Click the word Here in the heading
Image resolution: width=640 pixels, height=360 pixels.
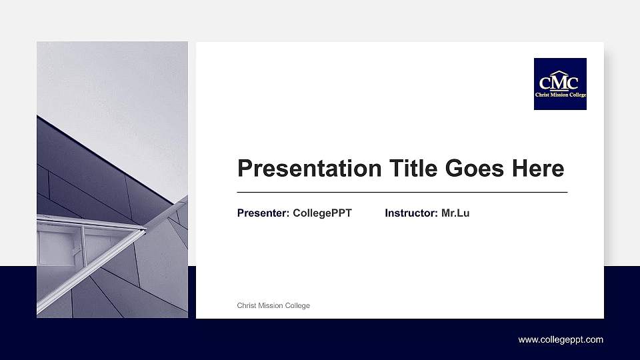tap(538, 168)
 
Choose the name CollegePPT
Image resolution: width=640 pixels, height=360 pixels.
tap(322, 213)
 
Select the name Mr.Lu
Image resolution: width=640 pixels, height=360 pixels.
tap(455, 213)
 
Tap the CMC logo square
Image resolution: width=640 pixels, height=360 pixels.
tap(560, 84)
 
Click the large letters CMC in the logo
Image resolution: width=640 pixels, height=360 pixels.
tap(560, 83)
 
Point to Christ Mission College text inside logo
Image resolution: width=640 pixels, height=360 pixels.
tap(560, 95)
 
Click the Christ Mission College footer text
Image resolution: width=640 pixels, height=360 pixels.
tap(273, 305)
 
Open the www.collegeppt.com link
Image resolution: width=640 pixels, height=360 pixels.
tap(561, 339)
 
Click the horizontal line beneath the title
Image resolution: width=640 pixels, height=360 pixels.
tap(402, 192)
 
